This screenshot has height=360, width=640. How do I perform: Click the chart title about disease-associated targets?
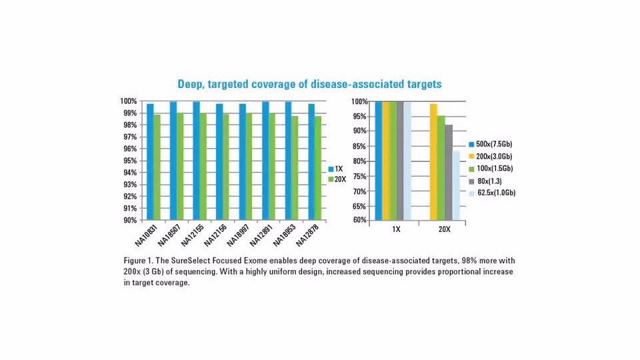(309, 85)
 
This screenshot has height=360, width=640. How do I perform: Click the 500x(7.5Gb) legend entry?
(495, 144)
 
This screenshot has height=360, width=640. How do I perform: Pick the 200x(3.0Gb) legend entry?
(495, 156)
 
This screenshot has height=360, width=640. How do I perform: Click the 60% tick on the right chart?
(360, 220)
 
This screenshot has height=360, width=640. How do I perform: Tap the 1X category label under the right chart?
(396, 229)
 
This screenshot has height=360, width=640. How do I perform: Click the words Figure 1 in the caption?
(139, 259)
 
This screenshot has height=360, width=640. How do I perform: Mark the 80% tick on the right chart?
(360, 161)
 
